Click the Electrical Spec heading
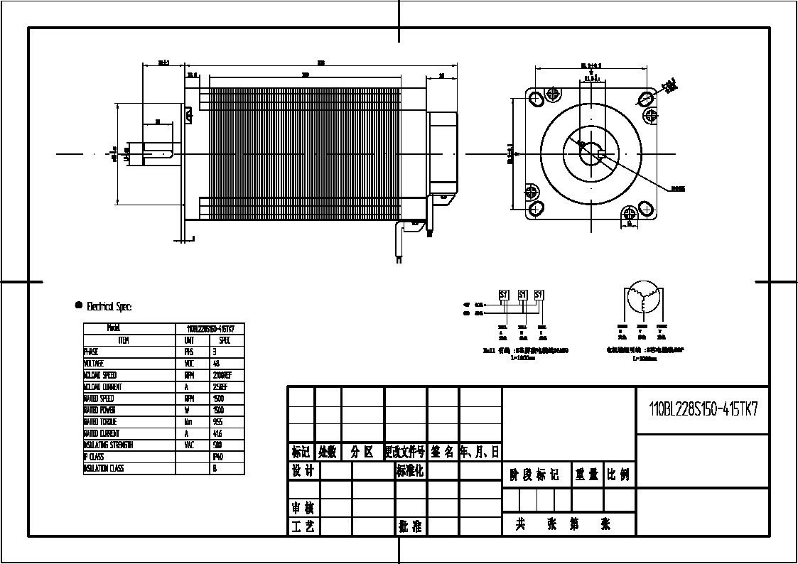pyautogui.click(x=109, y=307)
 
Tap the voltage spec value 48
pyautogui.click(x=216, y=363)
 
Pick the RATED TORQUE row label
pyautogui.click(x=101, y=422)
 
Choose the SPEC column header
pyautogui.click(x=225, y=340)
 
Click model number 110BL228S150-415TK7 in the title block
pyautogui.click(x=703, y=409)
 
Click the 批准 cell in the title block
pyautogui.click(x=410, y=526)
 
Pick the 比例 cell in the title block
pyautogui.click(x=618, y=474)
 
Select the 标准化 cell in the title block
pyautogui.click(x=410, y=471)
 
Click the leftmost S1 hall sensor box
pyautogui.click(x=505, y=295)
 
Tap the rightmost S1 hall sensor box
pyautogui.click(x=539, y=295)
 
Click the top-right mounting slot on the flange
pyautogui.click(x=647, y=97)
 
